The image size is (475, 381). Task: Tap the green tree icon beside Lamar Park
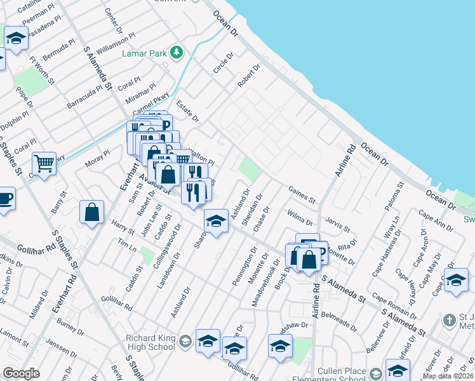180,52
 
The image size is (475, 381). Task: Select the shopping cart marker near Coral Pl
44,164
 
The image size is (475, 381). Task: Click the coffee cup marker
4,198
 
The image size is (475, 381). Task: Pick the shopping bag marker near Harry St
92,212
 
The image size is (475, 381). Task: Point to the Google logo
22,373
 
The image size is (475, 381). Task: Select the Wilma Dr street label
300,218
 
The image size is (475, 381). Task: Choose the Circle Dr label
223,63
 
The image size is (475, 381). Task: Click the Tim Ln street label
129,246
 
